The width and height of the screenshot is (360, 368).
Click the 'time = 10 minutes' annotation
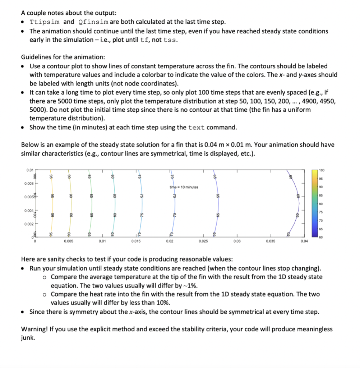tap(184, 187)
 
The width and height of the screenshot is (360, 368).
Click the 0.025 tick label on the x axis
tap(203, 241)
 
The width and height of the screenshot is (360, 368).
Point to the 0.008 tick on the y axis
tap(29, 184)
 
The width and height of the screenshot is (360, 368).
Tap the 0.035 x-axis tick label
tap(270, 241)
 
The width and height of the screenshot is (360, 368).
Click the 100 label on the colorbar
tap(321, 170)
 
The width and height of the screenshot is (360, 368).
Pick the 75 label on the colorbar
tap(321, 212)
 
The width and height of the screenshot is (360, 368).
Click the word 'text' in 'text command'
tap(197, 128)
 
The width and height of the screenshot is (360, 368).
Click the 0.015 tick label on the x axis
tap(136, 241)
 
